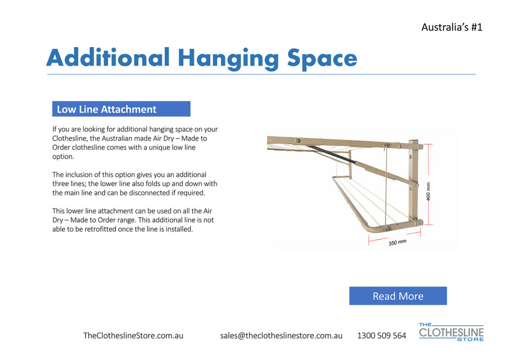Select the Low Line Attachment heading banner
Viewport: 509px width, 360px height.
coord(121,109)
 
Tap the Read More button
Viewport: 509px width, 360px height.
coord(398,296)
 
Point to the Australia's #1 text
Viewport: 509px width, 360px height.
coord(452,27)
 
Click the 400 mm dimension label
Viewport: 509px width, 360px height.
coord(435,188)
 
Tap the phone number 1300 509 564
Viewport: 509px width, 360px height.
coord(381,336)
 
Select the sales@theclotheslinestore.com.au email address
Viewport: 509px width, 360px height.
coord(281,336)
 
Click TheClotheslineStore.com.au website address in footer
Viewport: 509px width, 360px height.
coord(134,336)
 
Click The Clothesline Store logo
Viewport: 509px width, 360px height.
coord(451,332)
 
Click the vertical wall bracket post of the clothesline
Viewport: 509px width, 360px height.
coord(414,182)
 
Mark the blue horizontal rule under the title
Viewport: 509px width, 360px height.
coord(260,74)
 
